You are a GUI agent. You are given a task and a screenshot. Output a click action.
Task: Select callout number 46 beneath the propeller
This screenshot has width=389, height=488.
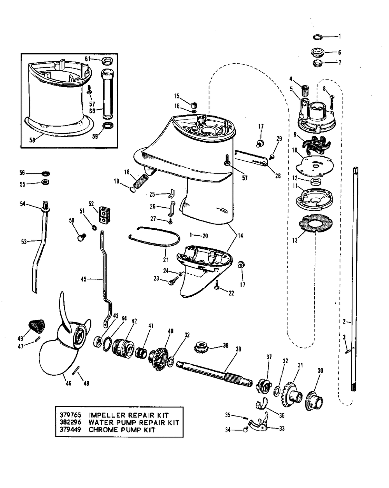[x=68, y=383]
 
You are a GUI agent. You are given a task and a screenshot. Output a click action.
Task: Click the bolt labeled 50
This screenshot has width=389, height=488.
[x=81, y=236]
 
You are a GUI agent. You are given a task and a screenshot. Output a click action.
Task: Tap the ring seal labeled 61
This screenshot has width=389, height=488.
[x=107, y=61]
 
